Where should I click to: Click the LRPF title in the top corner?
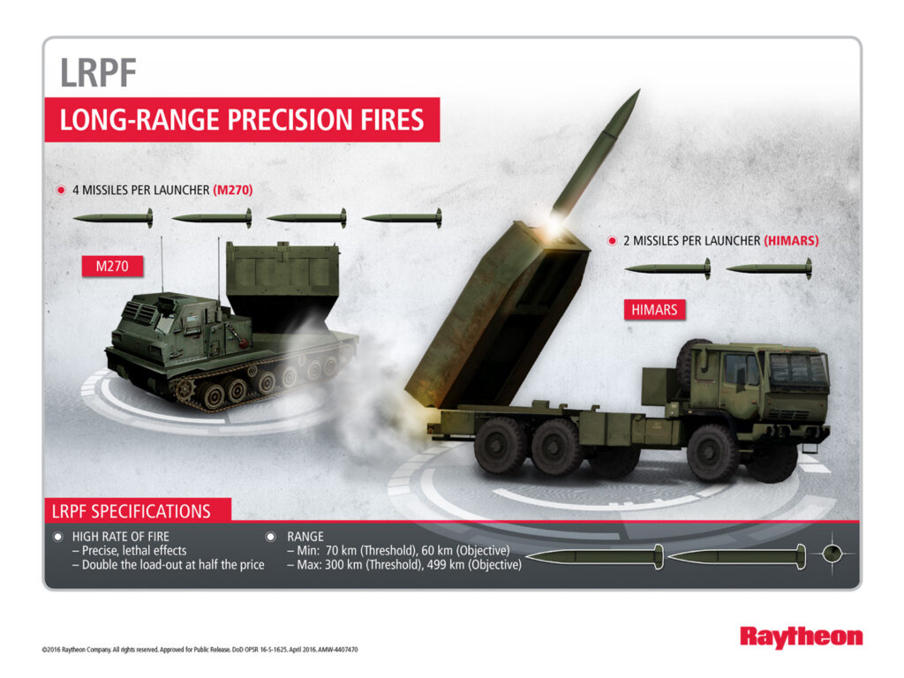(98, 72)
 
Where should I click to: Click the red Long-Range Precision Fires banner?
(241, 119)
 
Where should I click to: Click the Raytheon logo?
(801, 637)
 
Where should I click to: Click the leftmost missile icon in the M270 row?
(113, 217)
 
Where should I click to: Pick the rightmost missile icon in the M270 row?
(402, 217)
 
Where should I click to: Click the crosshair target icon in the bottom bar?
(834, 554)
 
